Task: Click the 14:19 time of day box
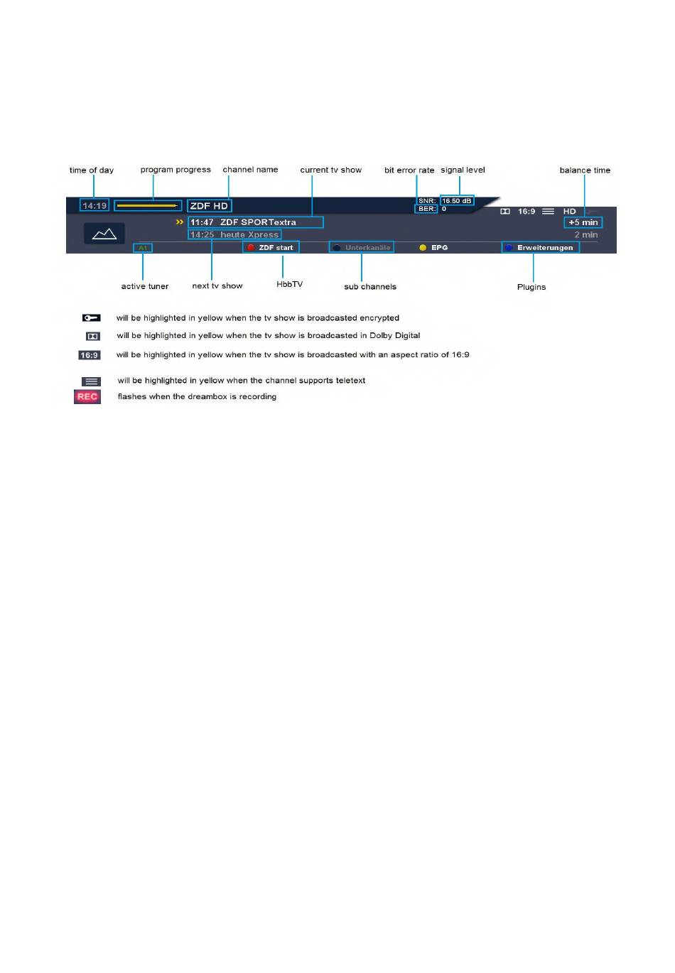tap(94, 206)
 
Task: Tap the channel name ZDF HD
tap(209, 206)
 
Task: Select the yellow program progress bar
tap(147, 206)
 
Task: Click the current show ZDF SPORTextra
tap(255, 222)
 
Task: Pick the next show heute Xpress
tap(234, 234)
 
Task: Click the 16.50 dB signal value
tap(457, 201)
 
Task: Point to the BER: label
tap(426, 209)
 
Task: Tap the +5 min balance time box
tap(583, 222)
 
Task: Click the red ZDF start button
tap(271, 247)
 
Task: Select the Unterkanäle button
tap(362, 247)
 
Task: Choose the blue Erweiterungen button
tap(540, 247)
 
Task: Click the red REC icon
tap(87, 397)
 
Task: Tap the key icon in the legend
tap(91, 318)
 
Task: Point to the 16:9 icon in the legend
tap(90, 355)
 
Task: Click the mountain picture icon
tap(104, 234)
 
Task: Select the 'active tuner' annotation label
tap(145, 286)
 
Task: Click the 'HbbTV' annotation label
tap(289, 284)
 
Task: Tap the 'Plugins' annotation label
tap(531, 287)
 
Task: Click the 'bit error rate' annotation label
tap(409, 170)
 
